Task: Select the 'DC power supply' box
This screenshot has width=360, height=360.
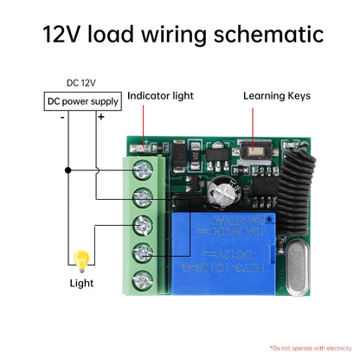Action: (x=83, y=101)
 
